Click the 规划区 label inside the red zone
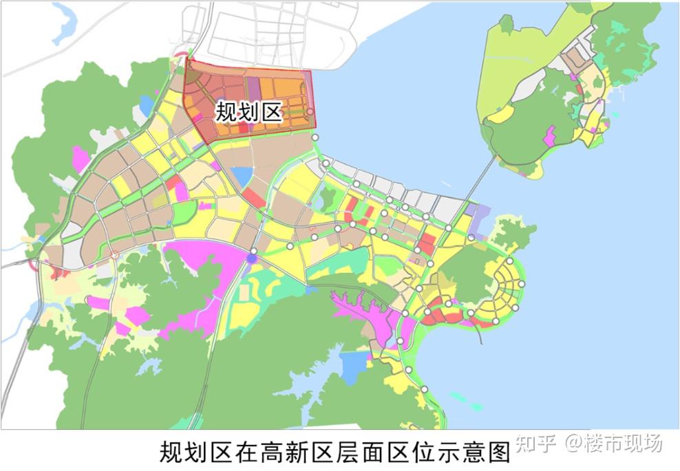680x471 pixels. (x=249, y=112)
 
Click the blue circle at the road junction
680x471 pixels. (x=252, y=258)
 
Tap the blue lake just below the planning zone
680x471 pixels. (x=242, y=177)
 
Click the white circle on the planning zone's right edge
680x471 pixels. (x=310, y=111)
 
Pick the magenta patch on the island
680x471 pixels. (x=549, y=136)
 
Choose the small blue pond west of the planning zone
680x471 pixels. (x=146, y=105)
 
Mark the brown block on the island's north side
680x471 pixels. (x=571, y=63)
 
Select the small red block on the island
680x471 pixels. (x=580, y=89)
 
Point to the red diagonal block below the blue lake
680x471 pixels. (x=254, y=198)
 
